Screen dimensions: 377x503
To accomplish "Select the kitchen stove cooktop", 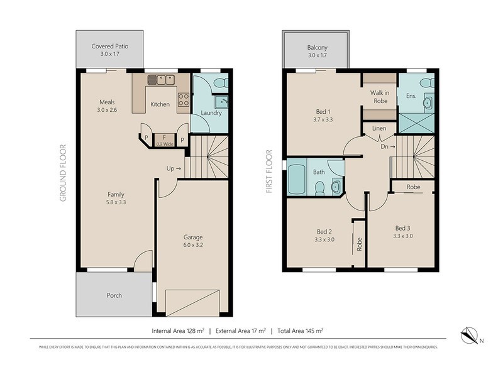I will pyautogui.click(x=184, y=99).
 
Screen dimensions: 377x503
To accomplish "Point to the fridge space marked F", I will pyautogui.click(x=163, y=138).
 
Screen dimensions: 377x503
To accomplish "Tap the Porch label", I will pyautogui.click(x=114, y=295).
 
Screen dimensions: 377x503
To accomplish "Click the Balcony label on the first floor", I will pyautogui.click(x=316, y=47).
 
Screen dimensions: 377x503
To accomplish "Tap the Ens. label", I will pyautogui.click(x=412, y=96).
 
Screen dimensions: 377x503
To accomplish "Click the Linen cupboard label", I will pyautogui.click(x=379, y=128).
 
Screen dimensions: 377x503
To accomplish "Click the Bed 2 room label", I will pyautogui.click(x=324, y=230).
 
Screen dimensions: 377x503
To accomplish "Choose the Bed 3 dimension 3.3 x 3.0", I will pyautogui.click(x=402, y=236).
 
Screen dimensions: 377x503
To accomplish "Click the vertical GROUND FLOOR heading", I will pyautogui.click(x=63, y=172).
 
